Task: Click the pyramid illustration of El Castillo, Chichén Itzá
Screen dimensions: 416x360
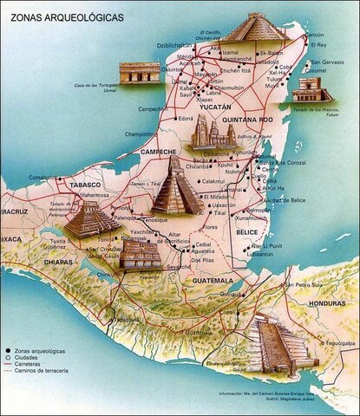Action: pyautogui.click(x=254, y=27)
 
